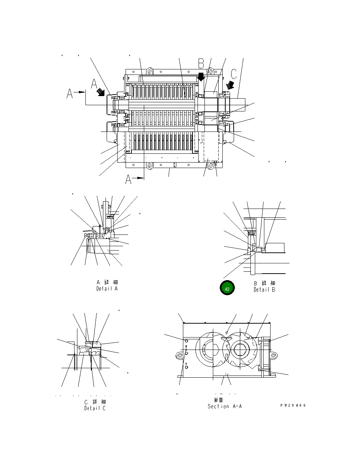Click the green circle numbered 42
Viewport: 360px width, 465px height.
point(227,289)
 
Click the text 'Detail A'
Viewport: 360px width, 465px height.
point(107,289)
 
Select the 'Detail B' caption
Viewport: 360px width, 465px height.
point(264,290)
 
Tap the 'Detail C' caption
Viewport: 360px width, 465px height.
point(95,408)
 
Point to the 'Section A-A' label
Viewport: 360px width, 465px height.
point(225,406)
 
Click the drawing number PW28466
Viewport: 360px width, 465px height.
point(293,405)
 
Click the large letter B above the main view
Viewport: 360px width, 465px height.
point(201,64)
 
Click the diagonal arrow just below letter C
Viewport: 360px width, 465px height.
point(230,85)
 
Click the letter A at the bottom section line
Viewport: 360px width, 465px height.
point(129,179)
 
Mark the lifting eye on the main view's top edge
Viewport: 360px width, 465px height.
point(149,70)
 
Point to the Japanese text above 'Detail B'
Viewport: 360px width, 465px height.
point(265,283)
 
